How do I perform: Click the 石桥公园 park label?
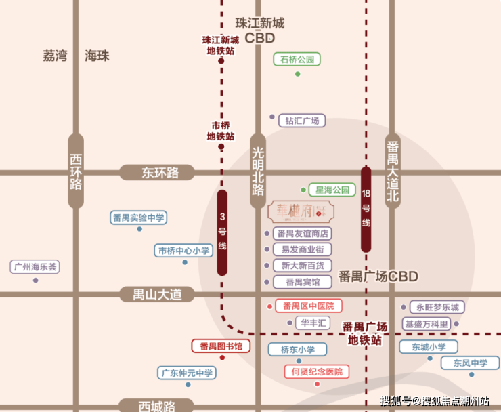tap(297, 60)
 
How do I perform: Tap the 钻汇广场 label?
tap(301, 121)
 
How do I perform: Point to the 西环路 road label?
tap(76, 171)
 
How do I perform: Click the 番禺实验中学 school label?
tap(139, 218)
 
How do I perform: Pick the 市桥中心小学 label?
tap(184, 251)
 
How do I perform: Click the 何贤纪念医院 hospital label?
tap(317, 371)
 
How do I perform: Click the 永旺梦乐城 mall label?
tap(437, 308)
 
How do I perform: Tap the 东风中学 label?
tap(471, 363)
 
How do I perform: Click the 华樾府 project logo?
tap(298, 212)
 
